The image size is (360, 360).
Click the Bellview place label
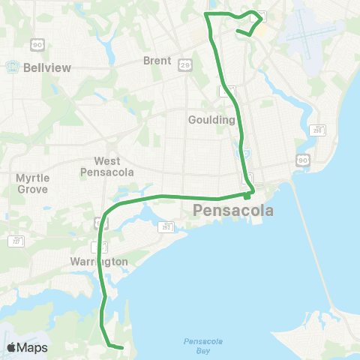[x=46, y=67]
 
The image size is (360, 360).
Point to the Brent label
[x=158, y=61]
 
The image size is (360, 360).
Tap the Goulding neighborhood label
[x=212, y=120]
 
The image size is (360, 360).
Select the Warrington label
[x=99, y=262]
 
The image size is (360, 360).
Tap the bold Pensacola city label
[x=233, y=211]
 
